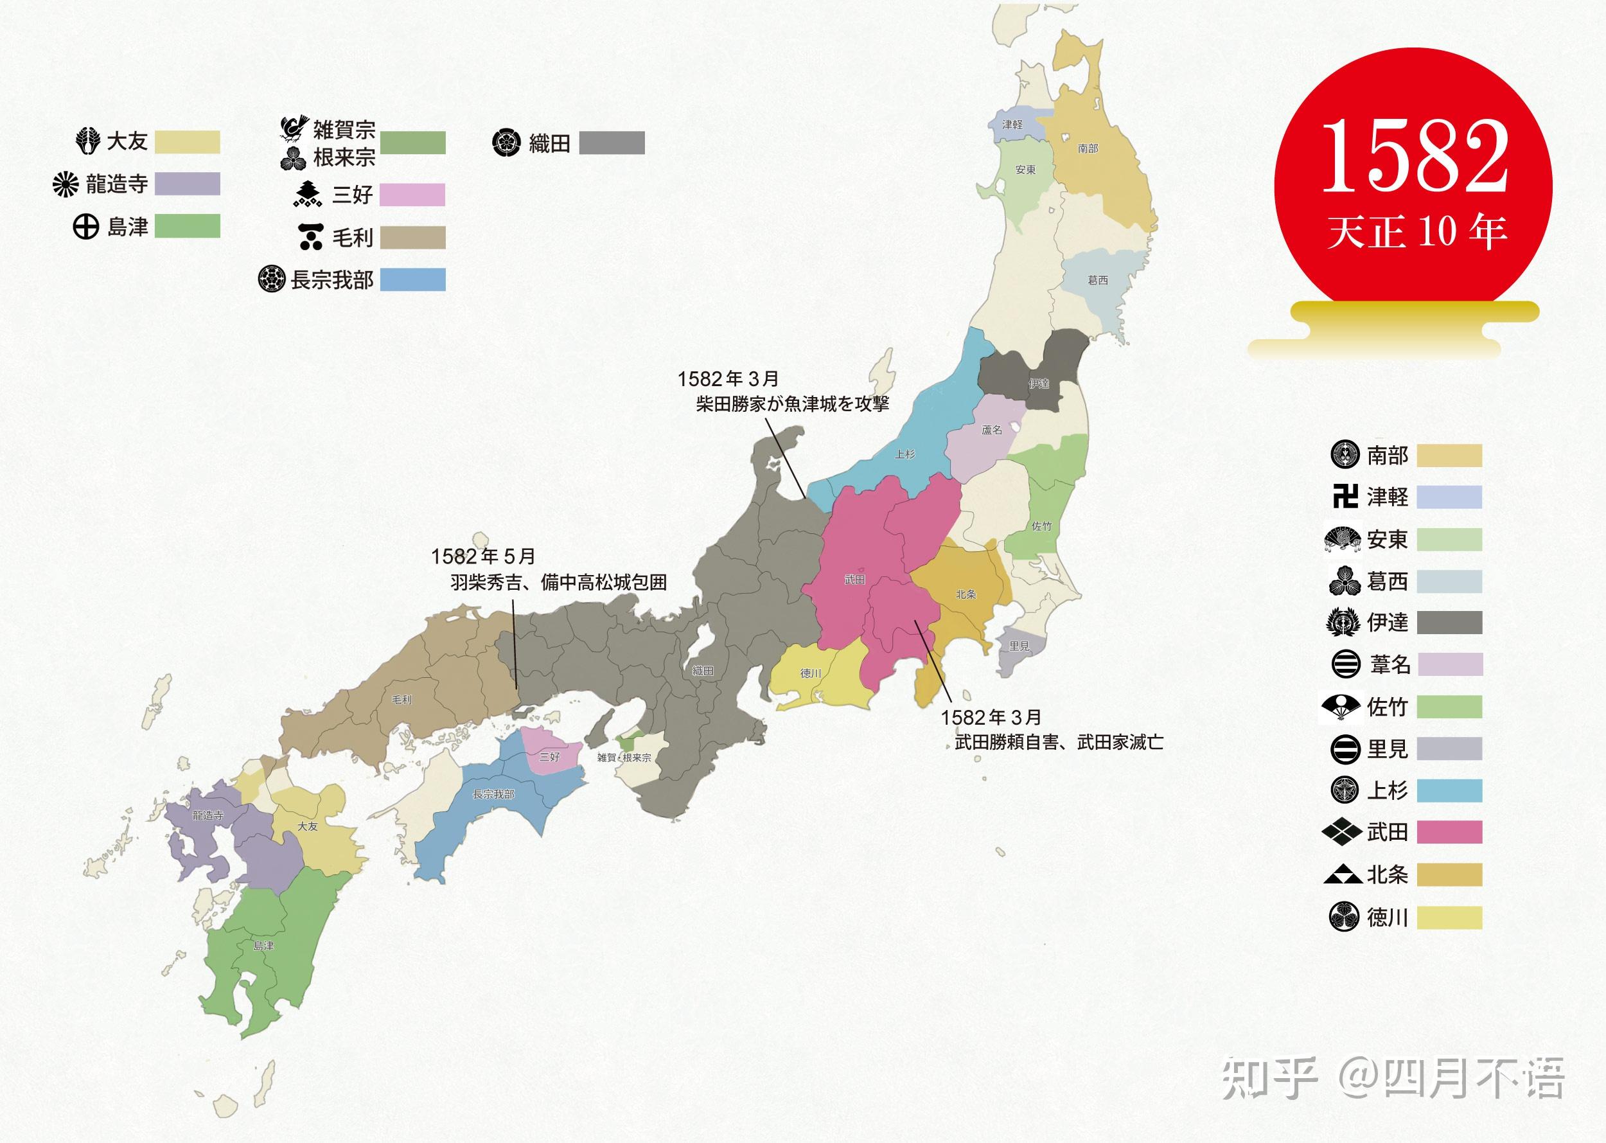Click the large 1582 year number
pyautogui.click(x=1415, y=156)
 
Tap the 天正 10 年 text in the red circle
pyautogui.click(x=1416, y=231)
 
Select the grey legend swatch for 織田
pyautogui.click(x=611, y=143)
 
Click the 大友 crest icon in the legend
pyautogui.click(x=88, y=141)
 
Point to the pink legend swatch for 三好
pyautogui.click(x=412, y=194)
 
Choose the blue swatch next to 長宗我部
pyautogui.click(x=412, y=279)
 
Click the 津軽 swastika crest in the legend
pyautogui.click(x=1344, y=497)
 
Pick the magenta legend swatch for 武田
pyautogui.click(x=1449, y=832)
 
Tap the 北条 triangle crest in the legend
pyautogui.click(x=1343, y=875)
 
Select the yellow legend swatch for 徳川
pyautogui.click(x=1449, y=917)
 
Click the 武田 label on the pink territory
pyautogui.click(x=854, y=580)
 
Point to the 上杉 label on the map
pyautogui.click(x=904, y=454)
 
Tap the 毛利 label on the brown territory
pyautogui.click(x=401, y=700)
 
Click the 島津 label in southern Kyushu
pyautogui.click(x=263, y=945)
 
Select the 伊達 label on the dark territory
pyautogui.click(x=1039, y=384)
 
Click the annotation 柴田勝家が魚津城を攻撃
pyautogui.click(x=793, y=403)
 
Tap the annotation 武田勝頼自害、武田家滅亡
pyautogui.click(x=1059, y=742)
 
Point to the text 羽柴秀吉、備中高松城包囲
pyautogui.click(x=558, y=582)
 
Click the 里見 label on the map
pyautogui.click(x=1019, y=646)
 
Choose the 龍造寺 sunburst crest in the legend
pyautogui.click(x=66, y=184)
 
